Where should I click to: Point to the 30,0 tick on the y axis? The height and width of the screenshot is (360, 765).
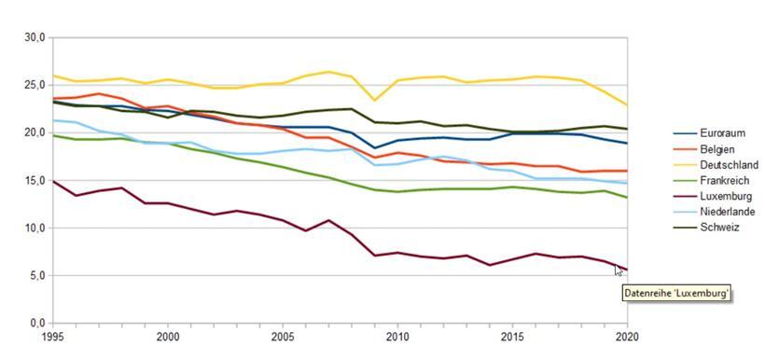[34, 37]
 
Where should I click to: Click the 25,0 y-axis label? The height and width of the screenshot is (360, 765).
[34, 85]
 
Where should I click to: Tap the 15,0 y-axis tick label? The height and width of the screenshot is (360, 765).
[34, 180]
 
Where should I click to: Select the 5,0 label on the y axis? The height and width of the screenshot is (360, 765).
[36, 275]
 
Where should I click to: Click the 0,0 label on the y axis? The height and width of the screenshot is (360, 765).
[36, 323]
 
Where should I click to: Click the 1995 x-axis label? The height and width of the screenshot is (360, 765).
[52, 336]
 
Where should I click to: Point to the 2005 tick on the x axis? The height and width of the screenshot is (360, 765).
[283, 336]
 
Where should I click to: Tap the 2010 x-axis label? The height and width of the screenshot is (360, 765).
[397, 336]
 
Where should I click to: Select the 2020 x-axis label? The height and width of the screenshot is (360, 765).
[628, 336]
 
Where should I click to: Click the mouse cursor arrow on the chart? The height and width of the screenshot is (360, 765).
[619, 270]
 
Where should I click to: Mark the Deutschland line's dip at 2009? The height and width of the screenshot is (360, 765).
[375, 100]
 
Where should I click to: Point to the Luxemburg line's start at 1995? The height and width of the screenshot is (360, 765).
[52, 181]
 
